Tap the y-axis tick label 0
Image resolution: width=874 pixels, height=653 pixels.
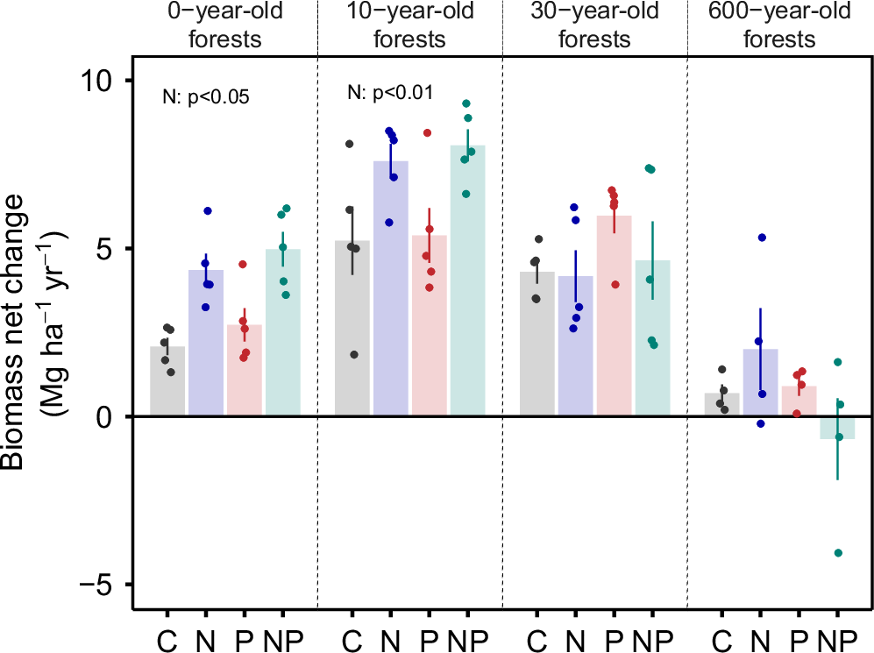[x=109, y=416]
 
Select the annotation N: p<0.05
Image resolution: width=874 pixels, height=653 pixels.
[x=206, y=97]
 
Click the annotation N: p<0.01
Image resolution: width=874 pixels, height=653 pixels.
[x=390, y=92]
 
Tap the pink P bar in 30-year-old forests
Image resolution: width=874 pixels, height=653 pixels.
[x=614, y=316]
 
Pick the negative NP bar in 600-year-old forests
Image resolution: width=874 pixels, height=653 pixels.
[x=837, y=428]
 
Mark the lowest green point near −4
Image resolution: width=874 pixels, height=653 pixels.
[x=839, y=553]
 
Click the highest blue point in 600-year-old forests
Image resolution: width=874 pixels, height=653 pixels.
[x=762, y=238]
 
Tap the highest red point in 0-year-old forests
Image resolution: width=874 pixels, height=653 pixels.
[x=243, y=264]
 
